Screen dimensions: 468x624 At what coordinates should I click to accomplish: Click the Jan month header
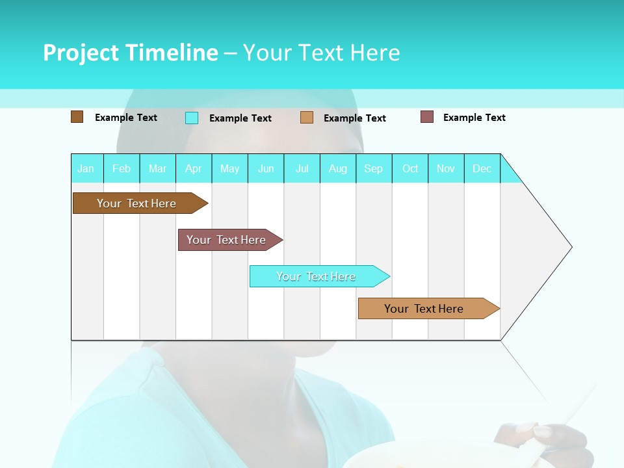[86, 168]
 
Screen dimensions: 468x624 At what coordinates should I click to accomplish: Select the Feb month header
[122, 168]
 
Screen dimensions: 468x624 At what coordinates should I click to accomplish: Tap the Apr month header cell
[194, 168]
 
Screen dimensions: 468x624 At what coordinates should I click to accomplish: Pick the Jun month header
[266, 168]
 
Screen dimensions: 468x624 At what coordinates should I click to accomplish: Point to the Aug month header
[338, 168]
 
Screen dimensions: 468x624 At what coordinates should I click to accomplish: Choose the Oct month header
[410, 168]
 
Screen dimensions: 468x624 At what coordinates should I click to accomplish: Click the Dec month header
[482, 168]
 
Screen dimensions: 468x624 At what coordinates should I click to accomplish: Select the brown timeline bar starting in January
[137, 203]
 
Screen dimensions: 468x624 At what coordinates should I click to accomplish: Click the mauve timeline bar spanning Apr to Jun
[227, 240]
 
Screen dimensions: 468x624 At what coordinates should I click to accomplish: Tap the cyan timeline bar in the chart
[317, 276]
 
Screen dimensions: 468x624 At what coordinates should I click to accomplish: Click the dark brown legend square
[77, 117]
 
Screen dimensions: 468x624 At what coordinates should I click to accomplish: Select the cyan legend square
[192, 118]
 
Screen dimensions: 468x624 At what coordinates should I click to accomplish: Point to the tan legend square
[307, 118]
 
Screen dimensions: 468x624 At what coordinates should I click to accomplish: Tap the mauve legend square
[427, 117]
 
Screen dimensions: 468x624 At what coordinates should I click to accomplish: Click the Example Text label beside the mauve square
[474, 118]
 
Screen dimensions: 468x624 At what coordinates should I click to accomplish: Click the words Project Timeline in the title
[130, 53]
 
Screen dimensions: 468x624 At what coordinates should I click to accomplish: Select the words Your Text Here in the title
[321, 53]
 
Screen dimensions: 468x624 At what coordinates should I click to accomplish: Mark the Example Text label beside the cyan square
[240, 118]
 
